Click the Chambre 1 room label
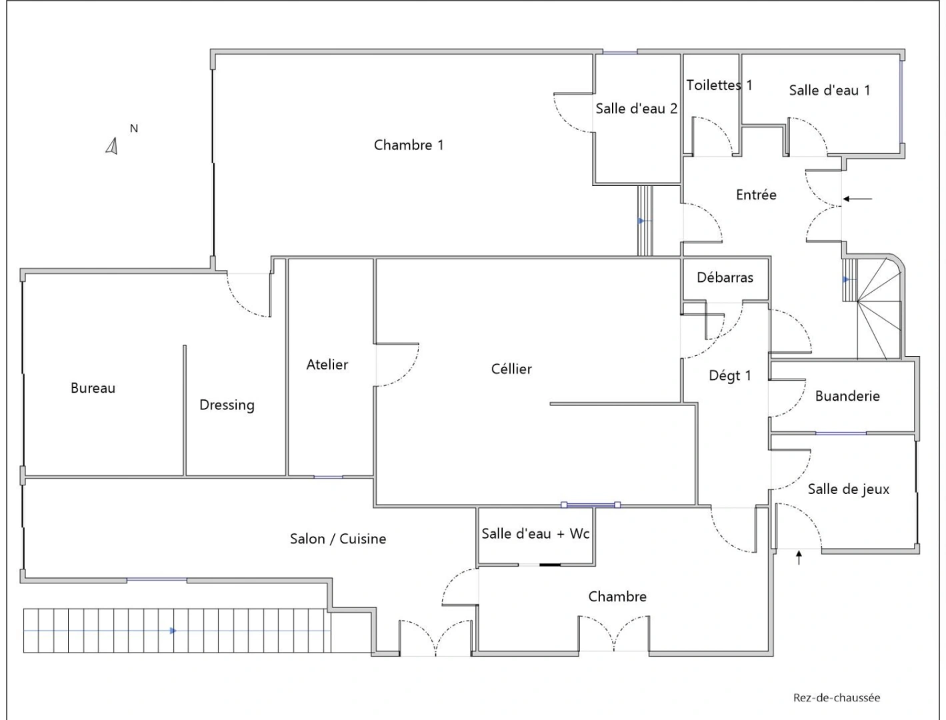click(x=408, y=145)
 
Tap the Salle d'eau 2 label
click(x=636, y=108)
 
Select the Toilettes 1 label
click(x=719, y=85)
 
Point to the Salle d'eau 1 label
click(x=829, y=90)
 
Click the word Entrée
click(x=756, y=195)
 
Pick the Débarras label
click(x=725, y=277)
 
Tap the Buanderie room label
click(x=847, y=396)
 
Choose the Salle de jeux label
click(x=848, y=489)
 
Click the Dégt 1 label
click(x=729, y=375)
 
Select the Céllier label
click(x=511, y=369)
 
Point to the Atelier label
click(x=327, y=364)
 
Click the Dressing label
click(x=227, y=405)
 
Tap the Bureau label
click(x=93, y=388)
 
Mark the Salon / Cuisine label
click(x=337, y=539)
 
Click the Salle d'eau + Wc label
click(x=535, y=533)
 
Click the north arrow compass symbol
click(x=112, y=145)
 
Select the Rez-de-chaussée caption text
click(x=836, y=698)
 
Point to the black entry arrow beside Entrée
click(x=857, y=199)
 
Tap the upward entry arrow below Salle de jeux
click(x=799, y=557)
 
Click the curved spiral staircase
click(x=879, y=307)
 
